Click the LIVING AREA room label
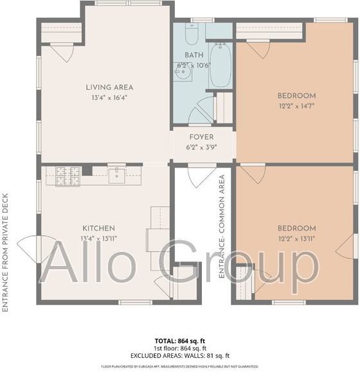pyautogui.click(x=109, y=87)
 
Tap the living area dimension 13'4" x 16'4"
pyautogui.click(x=109, y=98)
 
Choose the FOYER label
pyautogui.click(x=201, y=137)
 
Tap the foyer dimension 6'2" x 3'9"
pyautogui.click(x=201, y=147)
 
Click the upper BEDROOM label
pyautogui.click(x=296, y=96)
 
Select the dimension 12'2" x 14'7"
pyautogui.click(x=296, y=106)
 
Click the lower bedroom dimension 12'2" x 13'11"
pyautogui.click(x=296, y=238)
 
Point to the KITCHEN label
pyautogui.click(x=98, y=228)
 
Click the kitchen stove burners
pyautogui.click(x=67, y=175)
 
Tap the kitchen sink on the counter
pyautogui.click(x=117, y=175)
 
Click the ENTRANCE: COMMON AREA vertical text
pyautogui.click(x=222, y=226)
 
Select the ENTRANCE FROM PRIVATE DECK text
pyautogui.click(x=6, y=252)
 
